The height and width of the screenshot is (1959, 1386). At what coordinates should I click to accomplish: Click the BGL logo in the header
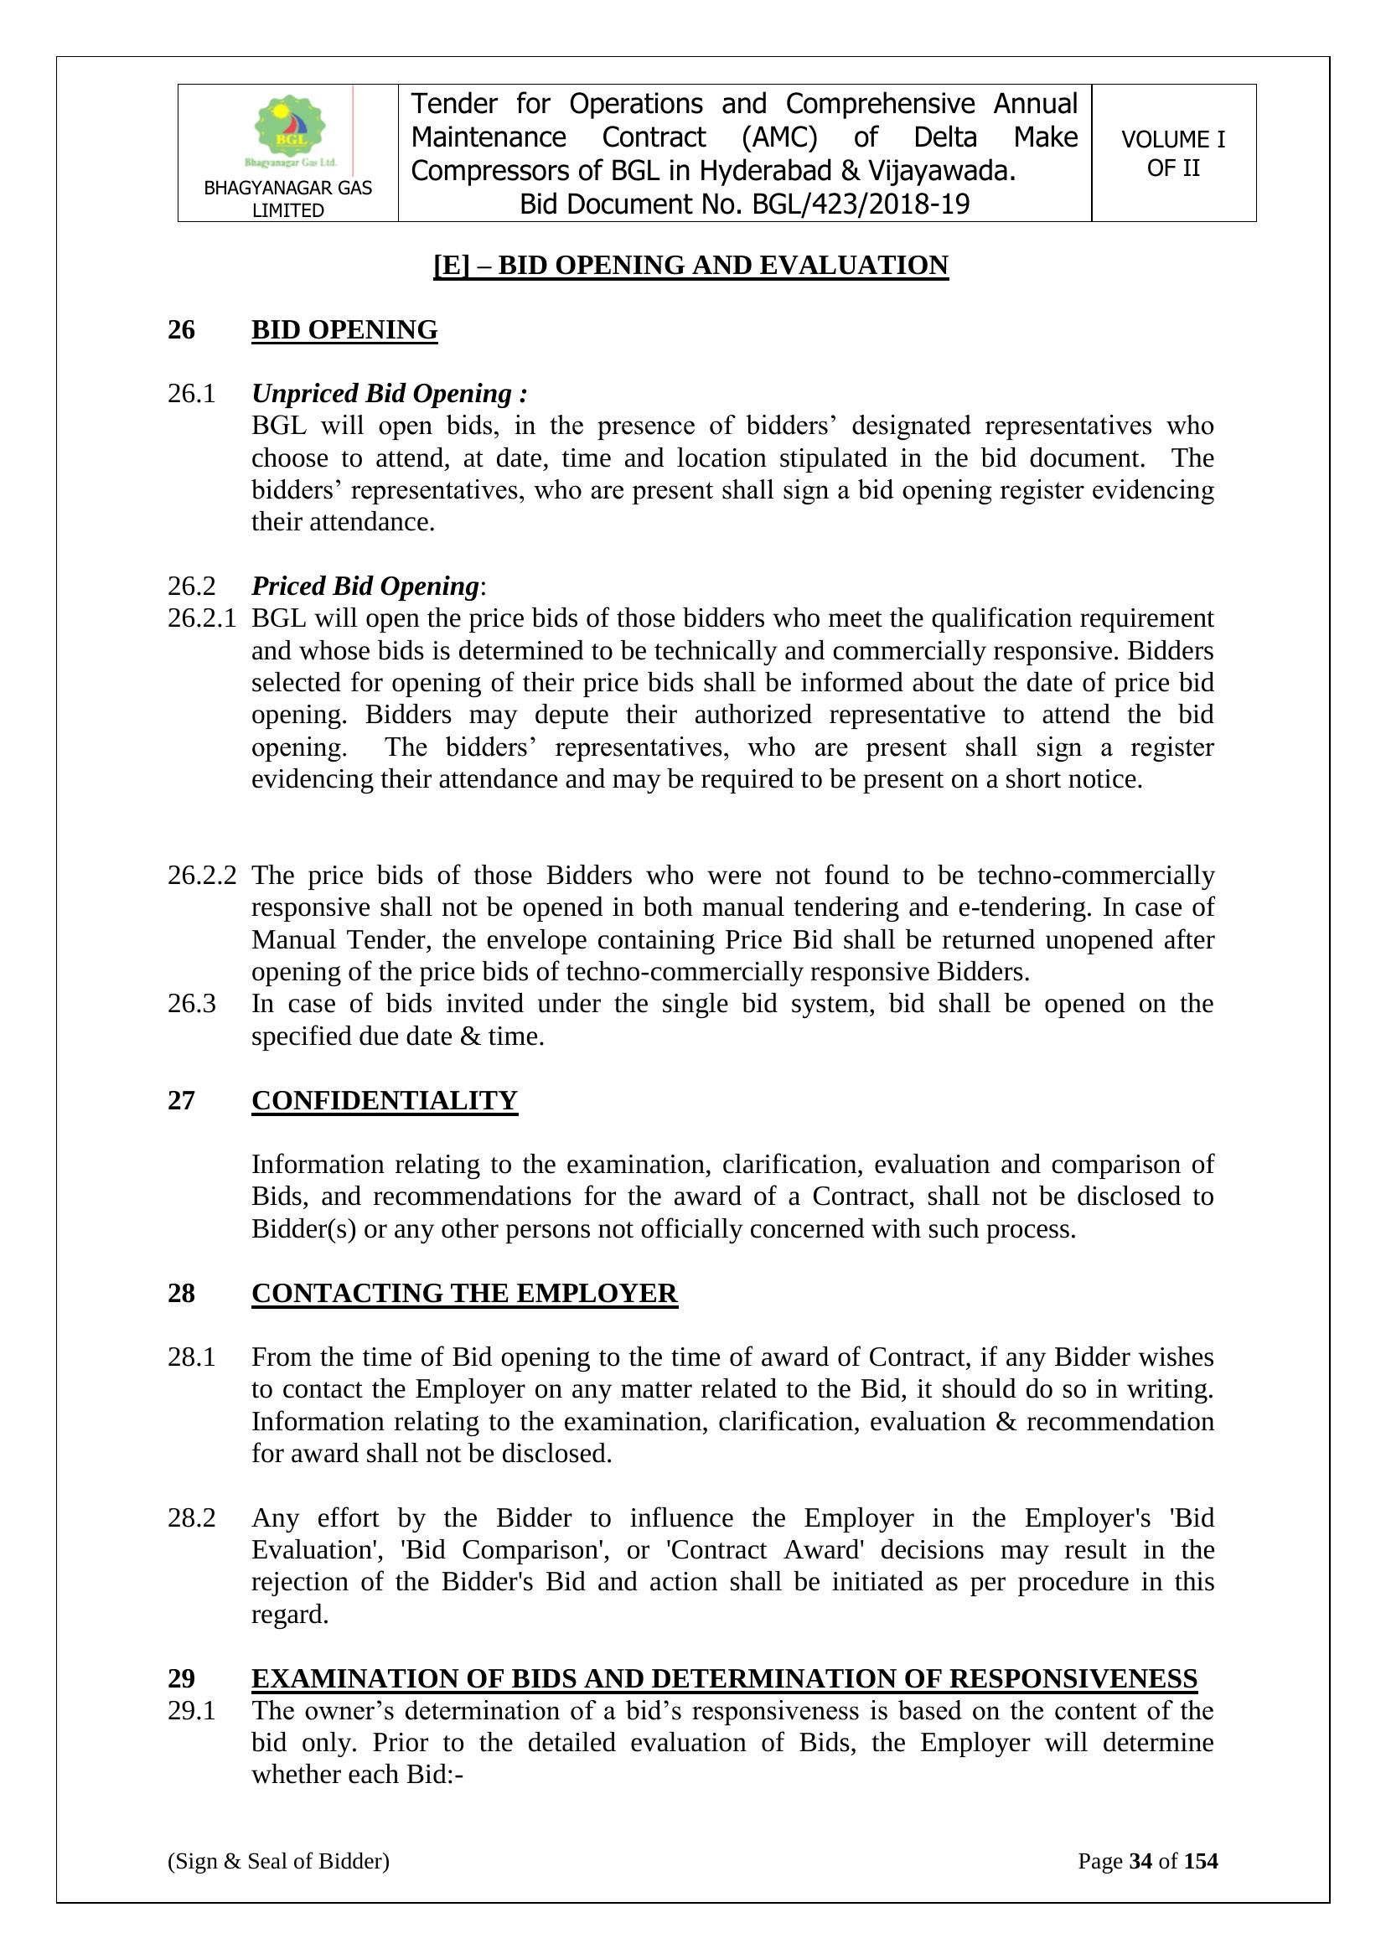tap(290, 131)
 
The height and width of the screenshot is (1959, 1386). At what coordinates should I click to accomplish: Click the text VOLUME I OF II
tap(1172, 153)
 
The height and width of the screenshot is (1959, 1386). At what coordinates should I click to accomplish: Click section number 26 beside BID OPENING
tap(181, 330)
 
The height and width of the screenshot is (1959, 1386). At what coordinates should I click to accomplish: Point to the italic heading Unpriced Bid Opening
tap(389, 393)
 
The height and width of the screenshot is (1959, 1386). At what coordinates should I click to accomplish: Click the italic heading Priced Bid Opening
tap(365, 587)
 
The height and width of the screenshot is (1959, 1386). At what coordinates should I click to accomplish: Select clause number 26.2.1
tap(201, 618)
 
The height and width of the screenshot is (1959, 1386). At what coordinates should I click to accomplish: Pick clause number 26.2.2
tap(201, 876)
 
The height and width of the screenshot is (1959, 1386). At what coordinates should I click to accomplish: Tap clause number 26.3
tap(191, 1004)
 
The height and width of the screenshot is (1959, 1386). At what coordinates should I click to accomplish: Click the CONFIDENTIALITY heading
tap(384, 1101)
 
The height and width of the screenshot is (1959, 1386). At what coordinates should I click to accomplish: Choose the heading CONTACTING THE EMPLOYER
tap(464, 1294)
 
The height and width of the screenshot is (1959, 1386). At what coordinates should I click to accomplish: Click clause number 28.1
tap(191, 1357)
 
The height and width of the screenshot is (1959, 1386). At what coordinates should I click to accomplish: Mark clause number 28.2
tap(191, 1518)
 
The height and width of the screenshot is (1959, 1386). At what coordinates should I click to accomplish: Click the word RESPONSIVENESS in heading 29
tap(1073, 1678)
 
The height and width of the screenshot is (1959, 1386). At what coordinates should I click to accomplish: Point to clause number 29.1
tap(191, 1711)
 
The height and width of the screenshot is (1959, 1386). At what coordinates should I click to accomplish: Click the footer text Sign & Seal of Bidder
tap(278, 1861)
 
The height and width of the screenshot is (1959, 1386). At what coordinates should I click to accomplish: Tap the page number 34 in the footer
tap(1140, 1861)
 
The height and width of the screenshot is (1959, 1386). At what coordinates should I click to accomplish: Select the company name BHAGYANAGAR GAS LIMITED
tap(287, 199)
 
